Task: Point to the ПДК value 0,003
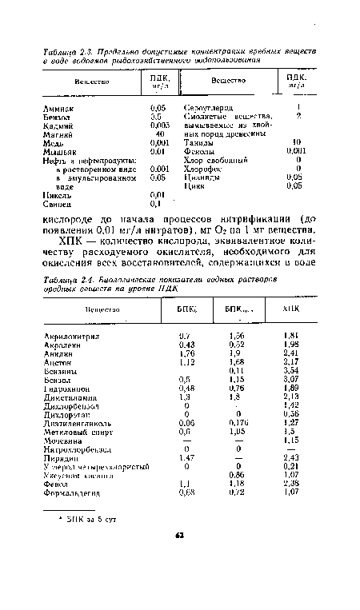click(159, 124)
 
